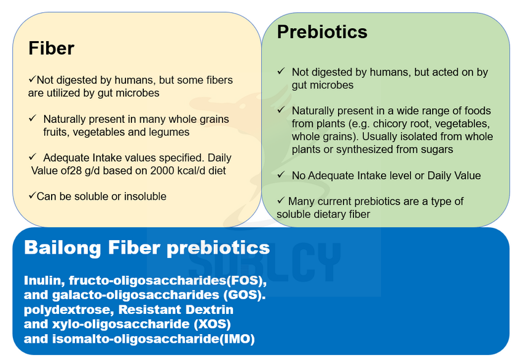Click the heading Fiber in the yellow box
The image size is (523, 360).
click(52, 49)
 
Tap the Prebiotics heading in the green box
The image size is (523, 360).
click(322, 32)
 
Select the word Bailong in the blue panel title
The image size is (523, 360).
click(62, 248)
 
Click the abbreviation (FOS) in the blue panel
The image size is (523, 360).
click(246, 280)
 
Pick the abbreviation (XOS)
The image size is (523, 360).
click(212, 324)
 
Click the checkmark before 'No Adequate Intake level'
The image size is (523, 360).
click(281, 174)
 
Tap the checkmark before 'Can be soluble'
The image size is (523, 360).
click(32, 195)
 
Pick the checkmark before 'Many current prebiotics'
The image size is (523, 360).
click(281, 200)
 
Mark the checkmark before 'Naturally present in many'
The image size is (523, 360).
click(32, 118)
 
